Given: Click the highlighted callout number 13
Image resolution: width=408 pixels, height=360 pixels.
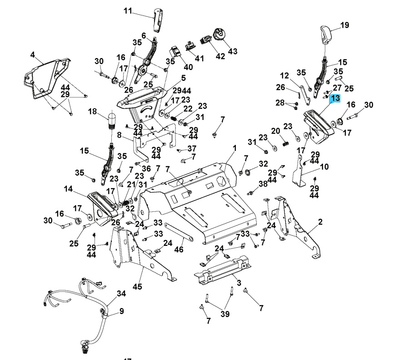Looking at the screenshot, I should click(335, 98).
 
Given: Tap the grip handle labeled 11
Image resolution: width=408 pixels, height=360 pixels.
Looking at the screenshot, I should click(158, 20).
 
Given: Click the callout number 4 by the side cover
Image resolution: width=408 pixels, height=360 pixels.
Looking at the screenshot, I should click(33, 55).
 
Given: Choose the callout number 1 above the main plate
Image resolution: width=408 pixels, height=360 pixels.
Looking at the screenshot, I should click(235, 148).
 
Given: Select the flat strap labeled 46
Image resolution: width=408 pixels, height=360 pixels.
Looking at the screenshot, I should click(178, 231).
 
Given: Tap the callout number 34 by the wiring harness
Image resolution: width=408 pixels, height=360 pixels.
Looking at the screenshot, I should click(121, 294).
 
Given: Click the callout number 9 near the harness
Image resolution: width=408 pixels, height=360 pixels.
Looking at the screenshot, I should click(121, 311).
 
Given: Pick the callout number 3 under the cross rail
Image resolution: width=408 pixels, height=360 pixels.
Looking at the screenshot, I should click(239, 283).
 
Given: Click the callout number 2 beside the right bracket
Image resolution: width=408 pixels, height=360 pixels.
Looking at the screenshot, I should click(320, 222).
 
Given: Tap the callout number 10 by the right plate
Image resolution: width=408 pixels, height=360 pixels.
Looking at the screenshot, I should click(324, 167).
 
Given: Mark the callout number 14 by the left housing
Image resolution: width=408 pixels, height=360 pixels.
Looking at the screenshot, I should click(68, 189).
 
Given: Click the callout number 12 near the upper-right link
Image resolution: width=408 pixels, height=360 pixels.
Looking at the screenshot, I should click(284, 75).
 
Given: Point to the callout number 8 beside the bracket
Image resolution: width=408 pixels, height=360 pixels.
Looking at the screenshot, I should click(119, 135).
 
